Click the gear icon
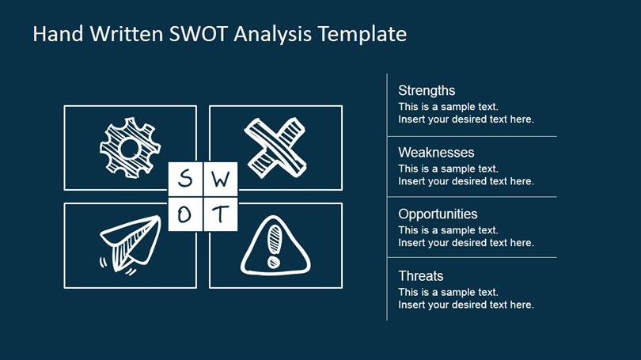(x=130, y=148)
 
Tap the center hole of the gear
(x=130, y=148)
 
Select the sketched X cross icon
(x=275, y=148)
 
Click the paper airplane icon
(x=130, y=244)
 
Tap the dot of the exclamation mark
(x=274, y=262)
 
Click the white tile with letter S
(x=185, y=179)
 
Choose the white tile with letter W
(x=220, y=179)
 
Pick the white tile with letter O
(x=185, y=214)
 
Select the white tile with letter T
(x=220, y=214)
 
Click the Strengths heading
(x=427, y=91)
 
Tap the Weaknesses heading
(x=436, y=153)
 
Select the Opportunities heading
(x=438, y=214)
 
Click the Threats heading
(x=421, y=276)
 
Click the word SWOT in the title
(x=198, y=33)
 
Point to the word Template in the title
(x=362, y=34)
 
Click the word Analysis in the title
(x=273, y=34)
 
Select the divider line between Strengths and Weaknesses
(x=472, y=136)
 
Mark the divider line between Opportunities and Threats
(x=472, y=257)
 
